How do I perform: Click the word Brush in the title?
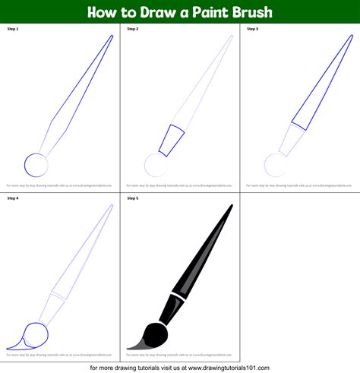point(250,13)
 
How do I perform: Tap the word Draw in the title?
point(154,13)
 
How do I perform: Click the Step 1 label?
point(13,30)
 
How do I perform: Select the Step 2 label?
point(133,30)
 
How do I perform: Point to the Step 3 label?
point(253,30)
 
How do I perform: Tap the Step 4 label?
point(13,198)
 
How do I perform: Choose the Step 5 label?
point(133,198)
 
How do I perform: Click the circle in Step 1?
point(36,163)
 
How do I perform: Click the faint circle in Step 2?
point(156,164)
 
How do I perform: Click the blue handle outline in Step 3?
point(319,84)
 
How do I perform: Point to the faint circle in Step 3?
point(275,164)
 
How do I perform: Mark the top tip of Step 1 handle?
point(112,36)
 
